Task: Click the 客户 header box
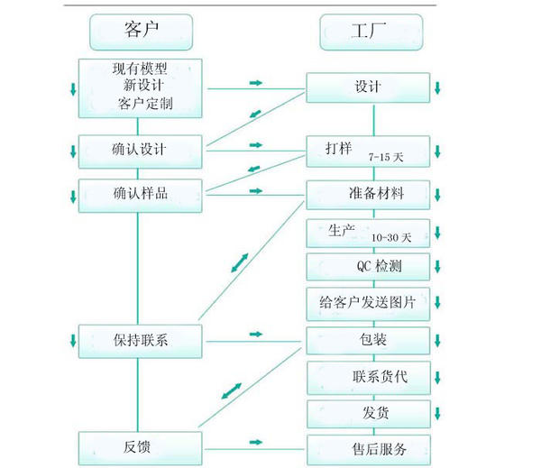point(140,32)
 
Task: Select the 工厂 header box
point(371,32)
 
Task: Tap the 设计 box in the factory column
point(369,87)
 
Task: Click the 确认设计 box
point(140,150)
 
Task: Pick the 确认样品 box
point(140,193)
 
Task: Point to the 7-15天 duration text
point(386,157)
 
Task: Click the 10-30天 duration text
point(391,238)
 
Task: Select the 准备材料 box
point(369,194)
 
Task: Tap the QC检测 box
point(369,266)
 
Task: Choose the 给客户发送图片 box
point(369,302)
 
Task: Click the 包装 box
point(369,340)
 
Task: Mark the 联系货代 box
point(369,376)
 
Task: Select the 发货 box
point(369,413)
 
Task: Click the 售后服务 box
point(369,448)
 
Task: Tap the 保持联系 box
point(140,340)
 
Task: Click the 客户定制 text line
point(144,105)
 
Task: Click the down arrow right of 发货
point(437,414)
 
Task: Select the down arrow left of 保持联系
point(73,340)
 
